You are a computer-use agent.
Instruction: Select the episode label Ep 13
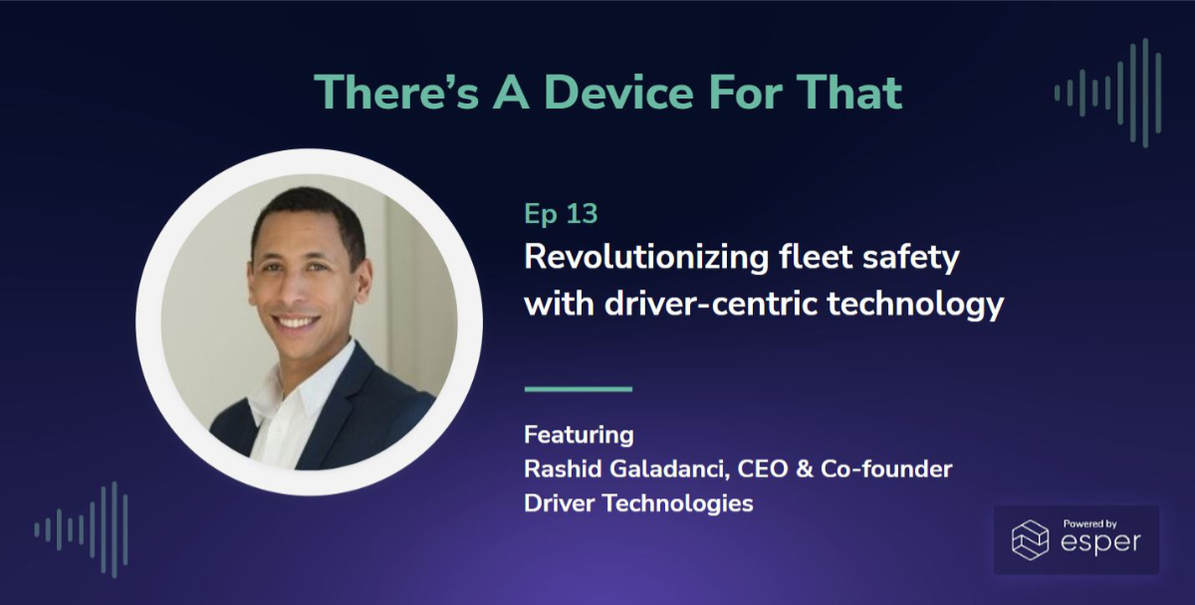click(x=561, y=214)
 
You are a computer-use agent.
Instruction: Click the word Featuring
click(x=579, y=435)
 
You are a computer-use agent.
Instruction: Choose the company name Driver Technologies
click(x=638, y=504)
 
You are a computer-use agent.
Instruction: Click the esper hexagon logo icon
click(x=1031, y=538)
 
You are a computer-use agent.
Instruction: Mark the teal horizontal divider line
click(x=578, y=389)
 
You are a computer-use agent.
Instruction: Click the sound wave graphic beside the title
click(x=1107, y=93)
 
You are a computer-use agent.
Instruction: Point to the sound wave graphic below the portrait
click(x=82, y=529)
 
